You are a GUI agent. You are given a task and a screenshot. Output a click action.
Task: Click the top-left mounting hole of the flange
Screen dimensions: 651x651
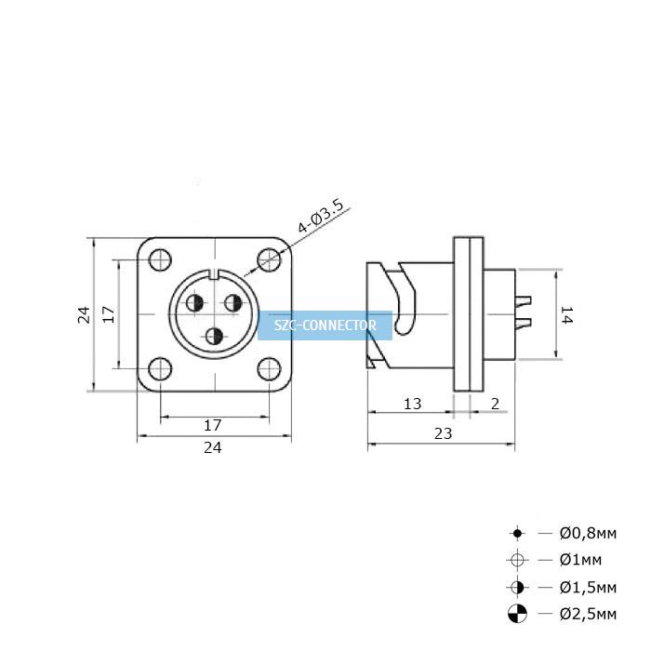point(160,259)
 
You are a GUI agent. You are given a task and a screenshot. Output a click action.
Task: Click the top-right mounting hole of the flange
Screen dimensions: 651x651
point(269,259)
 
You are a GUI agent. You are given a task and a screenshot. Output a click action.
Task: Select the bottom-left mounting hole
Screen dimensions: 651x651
point(160,369)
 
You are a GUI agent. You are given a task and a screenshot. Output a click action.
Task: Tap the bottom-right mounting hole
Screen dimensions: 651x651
point(269,369)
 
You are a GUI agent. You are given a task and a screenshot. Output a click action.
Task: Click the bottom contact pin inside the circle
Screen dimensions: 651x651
point(214,337)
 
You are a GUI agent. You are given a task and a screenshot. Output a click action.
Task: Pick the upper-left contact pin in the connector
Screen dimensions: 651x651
point(194,303)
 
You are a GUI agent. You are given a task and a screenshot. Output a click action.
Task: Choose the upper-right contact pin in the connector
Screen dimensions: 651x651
point(233,303)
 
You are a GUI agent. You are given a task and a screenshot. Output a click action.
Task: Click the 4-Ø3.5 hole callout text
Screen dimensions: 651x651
point(321,216)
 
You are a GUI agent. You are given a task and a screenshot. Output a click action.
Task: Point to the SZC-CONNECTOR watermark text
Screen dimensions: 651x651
point(325,325)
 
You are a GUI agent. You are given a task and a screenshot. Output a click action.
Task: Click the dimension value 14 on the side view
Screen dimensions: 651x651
point(567,314)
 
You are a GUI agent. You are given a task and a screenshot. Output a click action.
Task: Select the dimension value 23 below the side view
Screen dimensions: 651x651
point(443,433)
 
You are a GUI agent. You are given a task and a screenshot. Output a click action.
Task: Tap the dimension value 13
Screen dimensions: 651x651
point(412,404)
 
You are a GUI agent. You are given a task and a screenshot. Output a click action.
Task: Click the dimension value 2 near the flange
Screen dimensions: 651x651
point(495,404)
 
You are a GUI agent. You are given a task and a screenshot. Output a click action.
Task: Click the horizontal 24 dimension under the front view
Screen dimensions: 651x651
point(213,447)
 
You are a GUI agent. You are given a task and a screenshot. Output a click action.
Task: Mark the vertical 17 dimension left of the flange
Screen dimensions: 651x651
point(108,314)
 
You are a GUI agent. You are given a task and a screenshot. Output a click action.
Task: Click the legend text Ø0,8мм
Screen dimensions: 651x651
point(588,533)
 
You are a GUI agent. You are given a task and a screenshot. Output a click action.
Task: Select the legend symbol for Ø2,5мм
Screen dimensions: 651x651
point(517,614)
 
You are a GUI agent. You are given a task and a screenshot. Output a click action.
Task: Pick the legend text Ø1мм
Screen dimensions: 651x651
point(580,560)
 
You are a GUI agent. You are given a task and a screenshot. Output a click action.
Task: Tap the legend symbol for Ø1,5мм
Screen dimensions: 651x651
point(517,588)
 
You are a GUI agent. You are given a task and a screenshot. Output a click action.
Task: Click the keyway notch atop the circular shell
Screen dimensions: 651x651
point(214,274)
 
